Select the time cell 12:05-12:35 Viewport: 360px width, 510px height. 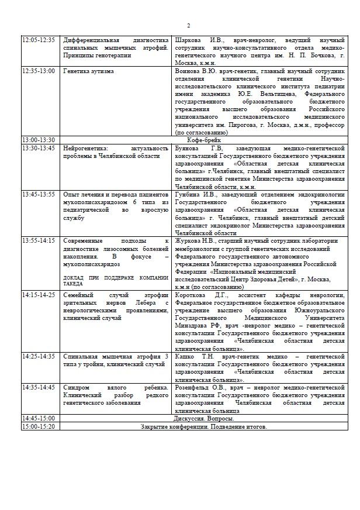click(x=39, y=40)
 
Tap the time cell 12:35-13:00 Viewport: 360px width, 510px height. click(x=39, y=71)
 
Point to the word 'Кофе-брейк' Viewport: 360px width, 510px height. click(x=203, y=140)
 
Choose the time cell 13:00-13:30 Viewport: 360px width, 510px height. click(x=39, y=140)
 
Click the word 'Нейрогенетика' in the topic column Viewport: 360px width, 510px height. click(x=85, y=148)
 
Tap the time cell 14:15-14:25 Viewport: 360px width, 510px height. click(x=39, y=295)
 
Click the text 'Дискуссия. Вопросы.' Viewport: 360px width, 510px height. click(x=203, y=419)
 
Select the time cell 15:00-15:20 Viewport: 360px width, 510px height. click(x=39, y=427)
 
